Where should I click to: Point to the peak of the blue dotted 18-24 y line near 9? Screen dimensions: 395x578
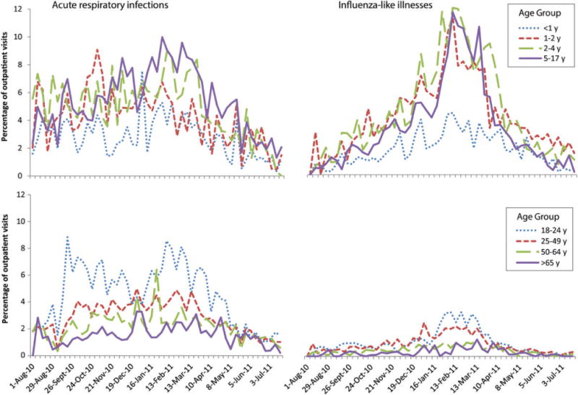pos(67,236)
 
